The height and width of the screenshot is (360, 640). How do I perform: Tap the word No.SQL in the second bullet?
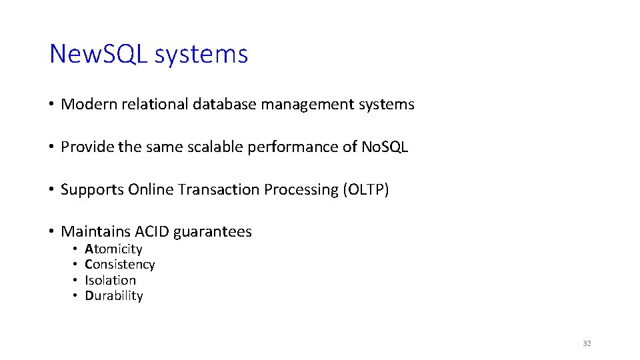[385, 147]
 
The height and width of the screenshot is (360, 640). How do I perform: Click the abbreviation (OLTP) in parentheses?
[366, 190]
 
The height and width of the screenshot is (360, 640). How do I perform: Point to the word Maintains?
[95, 232]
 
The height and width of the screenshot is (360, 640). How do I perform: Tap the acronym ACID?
[152, 232]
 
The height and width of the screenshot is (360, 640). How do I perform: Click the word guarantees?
[213, 233]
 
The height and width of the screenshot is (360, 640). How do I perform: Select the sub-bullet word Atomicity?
[113, 249]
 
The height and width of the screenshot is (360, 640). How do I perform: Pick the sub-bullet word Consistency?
[120, 265]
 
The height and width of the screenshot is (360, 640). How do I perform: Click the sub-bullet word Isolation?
[110, 281]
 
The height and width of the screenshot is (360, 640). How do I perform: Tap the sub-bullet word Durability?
[114, 296]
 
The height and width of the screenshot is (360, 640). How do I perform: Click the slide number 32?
[587, 343]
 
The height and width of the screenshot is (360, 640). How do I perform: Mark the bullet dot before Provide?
[51, 147]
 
